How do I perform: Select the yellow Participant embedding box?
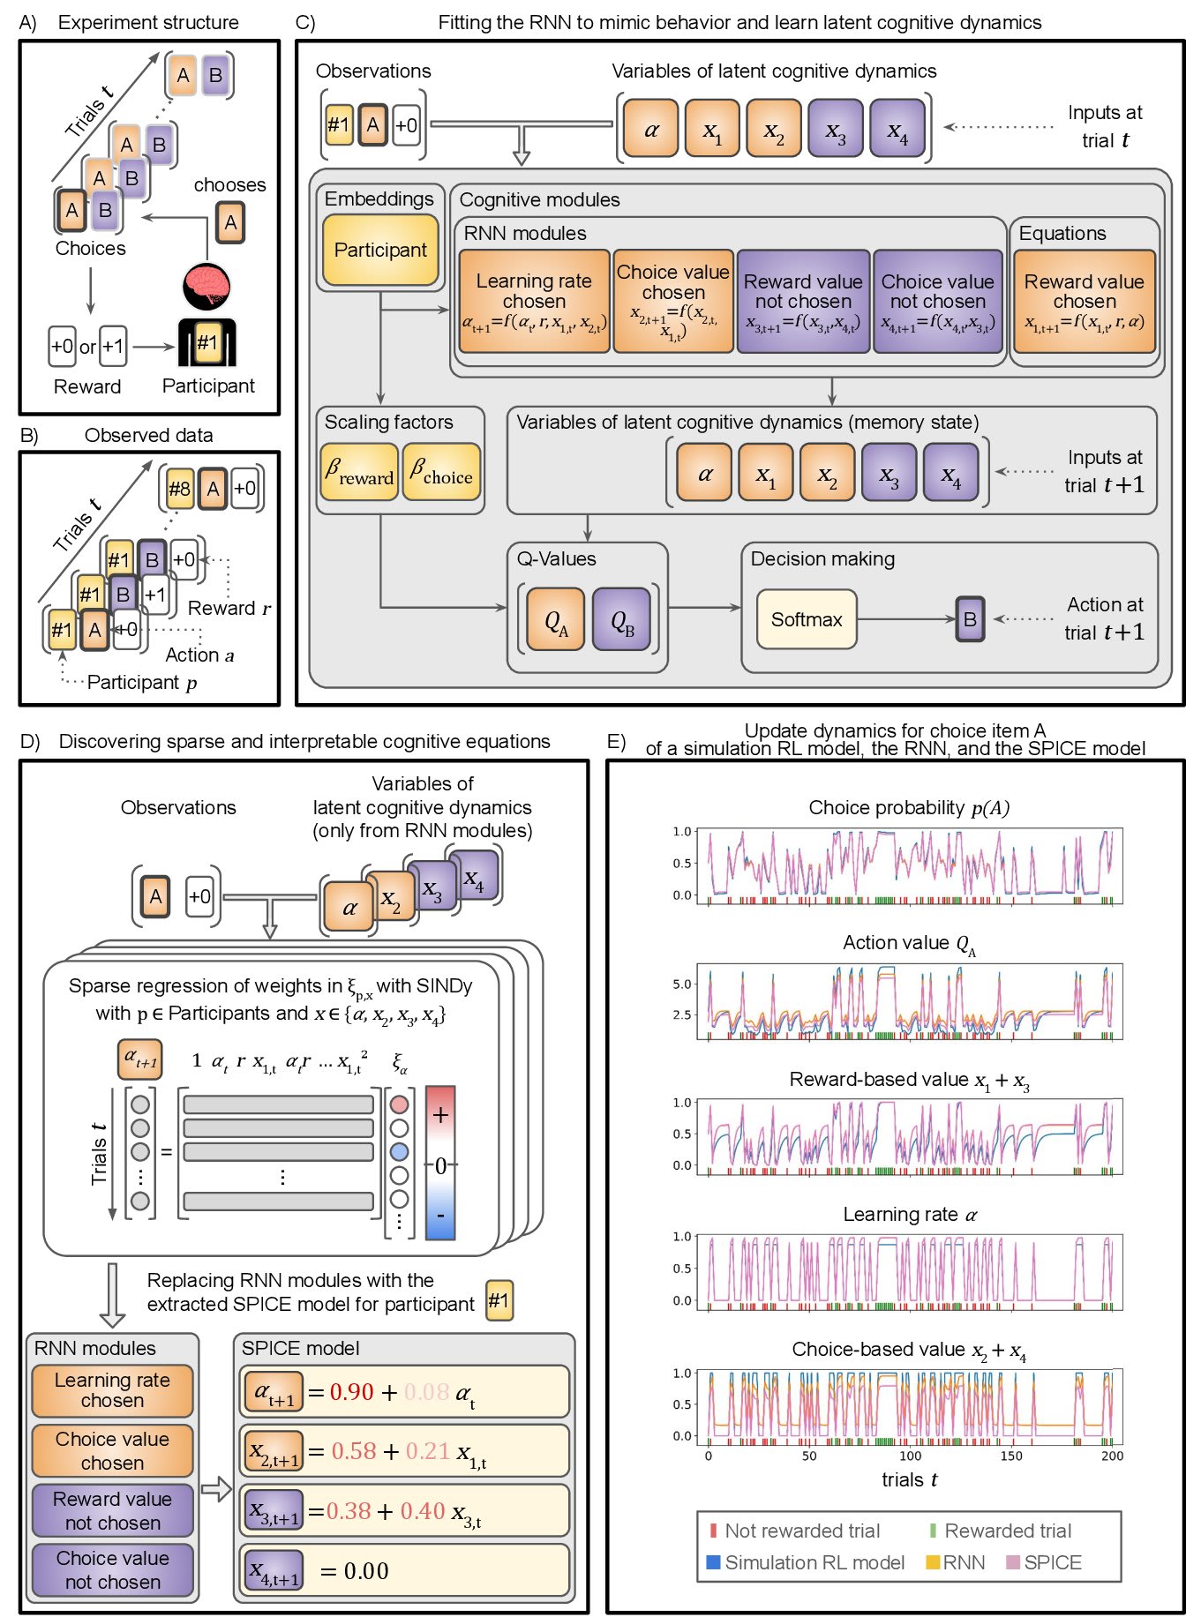(380, 251)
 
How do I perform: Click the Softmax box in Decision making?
(807, 619)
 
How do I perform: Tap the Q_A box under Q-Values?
(556, 619)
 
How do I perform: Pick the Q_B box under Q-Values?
(622, 619)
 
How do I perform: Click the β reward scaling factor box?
(358, 472)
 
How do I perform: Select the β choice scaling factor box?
(441, 472)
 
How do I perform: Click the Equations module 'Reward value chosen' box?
(1084, 302)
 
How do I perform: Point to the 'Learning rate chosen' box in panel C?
(534, 302)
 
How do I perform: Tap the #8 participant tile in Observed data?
(179, 489)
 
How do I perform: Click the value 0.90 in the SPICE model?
(351, 1392)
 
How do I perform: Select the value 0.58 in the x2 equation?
(353, 1451)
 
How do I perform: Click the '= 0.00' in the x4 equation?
(355, 1570)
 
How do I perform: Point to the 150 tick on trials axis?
(1011, 1456)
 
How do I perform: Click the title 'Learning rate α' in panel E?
(909, 1215)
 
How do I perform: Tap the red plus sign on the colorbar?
(440, 1114)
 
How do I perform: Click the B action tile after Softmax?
(970, 619)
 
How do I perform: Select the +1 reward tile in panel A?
(113, 346)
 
